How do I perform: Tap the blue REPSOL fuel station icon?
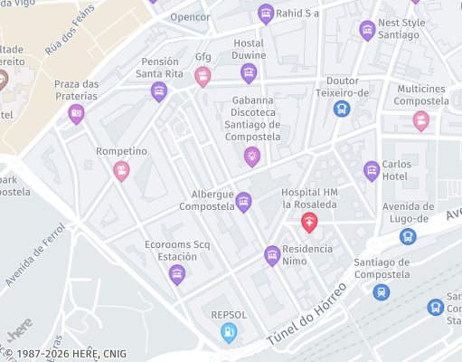click(x=230, y=332)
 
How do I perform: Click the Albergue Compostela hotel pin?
click(x=243, y=205)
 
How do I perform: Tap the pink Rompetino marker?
click(x=121, y=169)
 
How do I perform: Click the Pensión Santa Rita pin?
click(x=159, y=90)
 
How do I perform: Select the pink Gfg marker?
click(x=203, y=76)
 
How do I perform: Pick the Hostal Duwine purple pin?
click(x=249, y=72)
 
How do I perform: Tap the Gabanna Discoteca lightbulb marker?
click(x=252, y=156)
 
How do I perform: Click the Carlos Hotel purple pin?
click(x=371, y=169)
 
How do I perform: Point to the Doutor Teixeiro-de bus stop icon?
click(x=341, y=109)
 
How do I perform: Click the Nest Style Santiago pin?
click(x=367, y=31)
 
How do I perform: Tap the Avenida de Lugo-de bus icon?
click(x=408, y=236)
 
